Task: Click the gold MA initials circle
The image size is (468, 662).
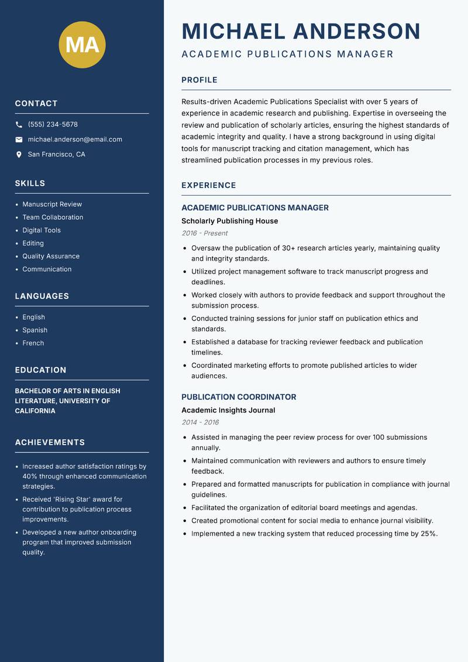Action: (x=82, y=45)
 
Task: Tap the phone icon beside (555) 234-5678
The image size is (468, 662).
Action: (x=19, y=125)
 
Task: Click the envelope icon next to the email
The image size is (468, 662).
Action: (x=19, y=139)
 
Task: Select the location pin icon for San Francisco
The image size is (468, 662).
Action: (x=19, y=155)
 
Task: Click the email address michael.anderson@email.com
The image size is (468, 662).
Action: (x=75, y=139)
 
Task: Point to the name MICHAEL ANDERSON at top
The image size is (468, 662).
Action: (x=301, y=31)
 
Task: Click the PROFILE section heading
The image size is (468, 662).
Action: (x=199, y=80)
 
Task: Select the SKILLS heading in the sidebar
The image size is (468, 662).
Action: (x=30, y=183)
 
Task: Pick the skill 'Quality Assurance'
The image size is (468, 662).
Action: (x=51, y=256)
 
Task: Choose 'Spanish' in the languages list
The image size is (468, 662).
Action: (x=35, y=330)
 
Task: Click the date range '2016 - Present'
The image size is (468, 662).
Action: (x=204, y=233)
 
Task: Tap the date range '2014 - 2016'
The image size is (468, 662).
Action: (x=200, y=422)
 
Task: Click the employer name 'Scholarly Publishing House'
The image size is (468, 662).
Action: (x=229, y=221)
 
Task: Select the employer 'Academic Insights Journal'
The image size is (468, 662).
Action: (x=228, y=410)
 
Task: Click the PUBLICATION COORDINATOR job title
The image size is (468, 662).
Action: (x=239, y=397)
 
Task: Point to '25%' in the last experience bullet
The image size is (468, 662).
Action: (x=428, y=534)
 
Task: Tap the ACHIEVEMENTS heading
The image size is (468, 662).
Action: (x=50, y=442)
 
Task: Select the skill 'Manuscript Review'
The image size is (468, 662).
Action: (x=52, y=204)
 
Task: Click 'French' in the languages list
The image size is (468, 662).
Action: (x=33, y=343)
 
